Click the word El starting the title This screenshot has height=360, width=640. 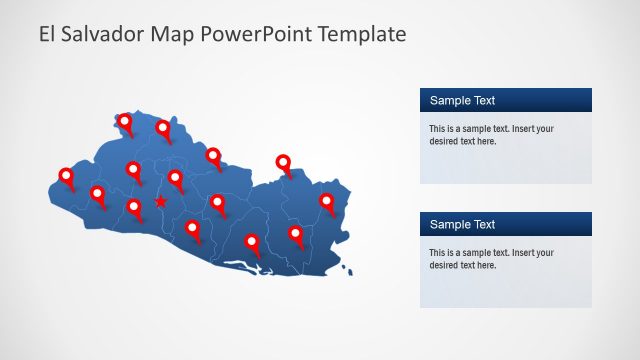(x=48, y=34)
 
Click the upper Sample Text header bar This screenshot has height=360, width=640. (x=505, y=100)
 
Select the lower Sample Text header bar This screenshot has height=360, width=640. (x=505, y=224)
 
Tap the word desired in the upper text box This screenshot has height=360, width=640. (x=445, y=142)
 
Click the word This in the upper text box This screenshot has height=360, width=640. (x=438, y=129)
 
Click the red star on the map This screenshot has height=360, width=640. (x=160, y=203)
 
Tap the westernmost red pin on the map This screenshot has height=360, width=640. (x=67, y=177)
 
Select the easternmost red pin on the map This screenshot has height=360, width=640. (x=327, y=202)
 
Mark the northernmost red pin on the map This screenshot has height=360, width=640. (x=125, y=122)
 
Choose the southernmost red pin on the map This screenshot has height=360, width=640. (x=252, y=243)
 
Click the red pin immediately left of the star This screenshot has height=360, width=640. (x=134, y=208)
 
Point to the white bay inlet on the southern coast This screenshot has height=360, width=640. (x=243, y=266)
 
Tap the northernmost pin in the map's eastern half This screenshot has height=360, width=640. (x=284, y=164)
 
